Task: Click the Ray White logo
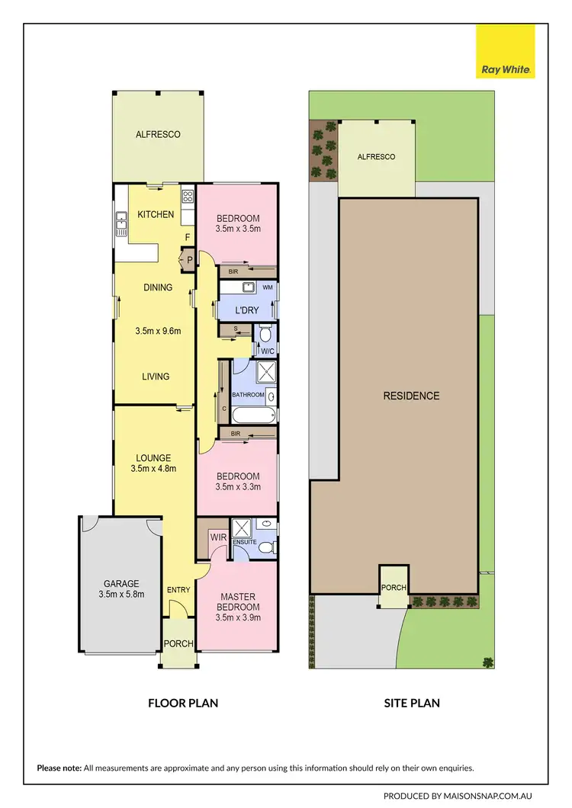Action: pyautogui.click(x=506, y=52)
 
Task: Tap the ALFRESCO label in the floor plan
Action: pyautogui.click(x=158, y=135)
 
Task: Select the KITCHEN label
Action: pyautogui.click(x=156, y=215)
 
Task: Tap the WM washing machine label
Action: pyautogui.click(x=267, y=288)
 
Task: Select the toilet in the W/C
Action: pyautogui.click(x=265, y=334)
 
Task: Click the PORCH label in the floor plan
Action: pyautogui.click(x=179, y=643)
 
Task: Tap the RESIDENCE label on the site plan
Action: pyautogui.click(x=411, y=396)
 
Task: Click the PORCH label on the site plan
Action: pyautogui.click(x=394, y=588)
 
